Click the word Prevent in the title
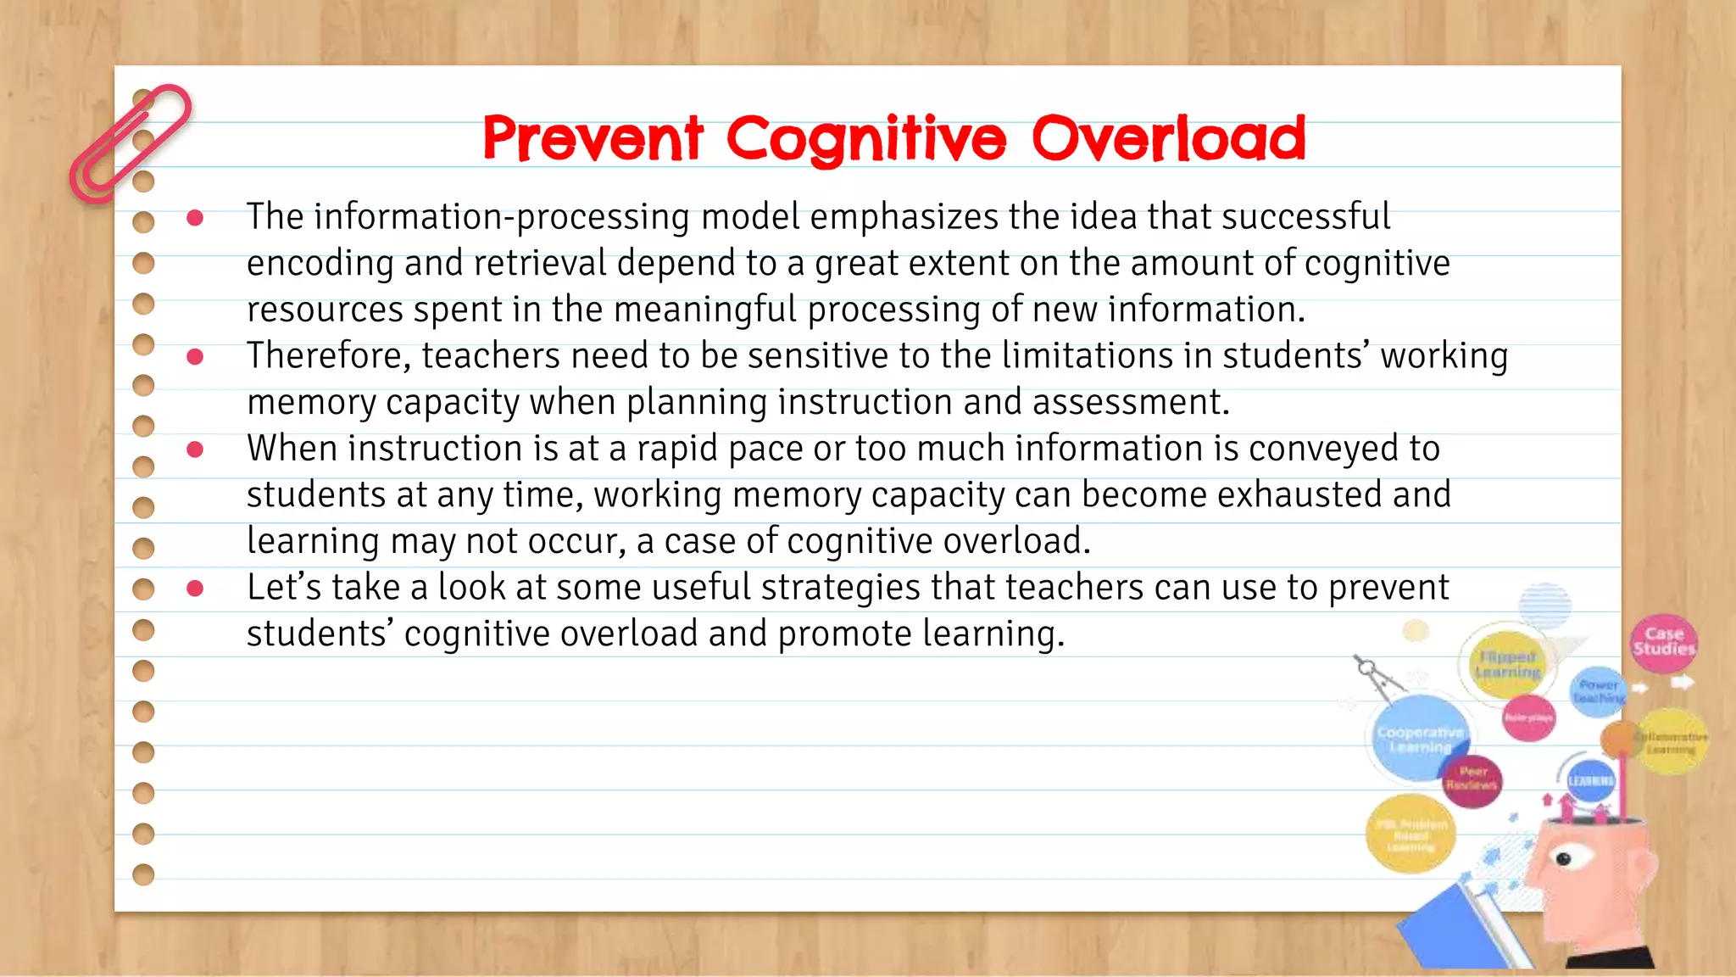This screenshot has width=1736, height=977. tap(593, 138)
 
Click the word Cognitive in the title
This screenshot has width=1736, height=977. tap(865, 140)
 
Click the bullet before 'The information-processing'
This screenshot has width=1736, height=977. tap(195, 218)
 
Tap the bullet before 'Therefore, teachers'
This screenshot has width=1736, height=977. tap(195, 357)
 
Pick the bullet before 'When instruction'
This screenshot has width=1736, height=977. tap(195, 449)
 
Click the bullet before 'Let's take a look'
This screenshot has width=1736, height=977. tap(195, 589)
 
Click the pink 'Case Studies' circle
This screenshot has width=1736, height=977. tap(1663, 642)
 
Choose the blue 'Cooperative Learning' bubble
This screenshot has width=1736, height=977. tap(1417, 738)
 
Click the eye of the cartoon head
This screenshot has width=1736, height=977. tap(1563, 859)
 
